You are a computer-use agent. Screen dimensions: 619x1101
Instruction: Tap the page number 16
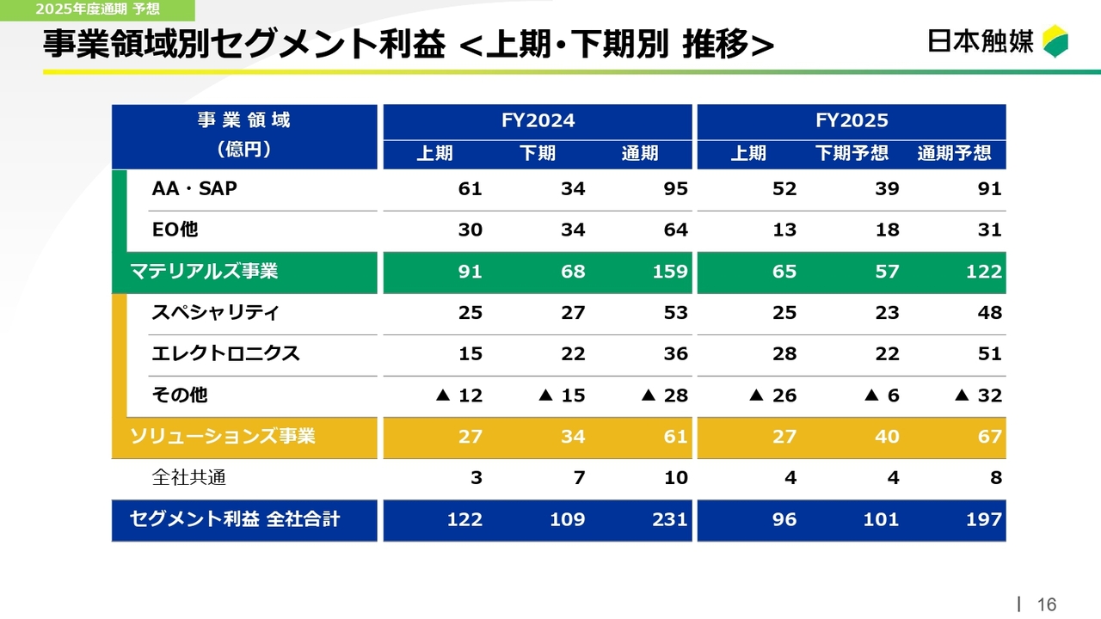point(1046,604)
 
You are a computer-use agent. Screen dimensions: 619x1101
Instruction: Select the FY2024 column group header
point(538,120)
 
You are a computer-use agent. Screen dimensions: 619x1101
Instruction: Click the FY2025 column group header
point(851,120)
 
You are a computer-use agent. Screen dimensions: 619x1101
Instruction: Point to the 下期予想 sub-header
point(852,154)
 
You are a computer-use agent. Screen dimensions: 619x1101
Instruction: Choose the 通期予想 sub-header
point(954,154)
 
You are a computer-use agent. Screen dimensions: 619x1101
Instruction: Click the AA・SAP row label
point(194,189)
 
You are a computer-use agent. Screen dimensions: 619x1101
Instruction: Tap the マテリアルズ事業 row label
point(204,272)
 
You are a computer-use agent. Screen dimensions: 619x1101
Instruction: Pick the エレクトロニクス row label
point(225,353)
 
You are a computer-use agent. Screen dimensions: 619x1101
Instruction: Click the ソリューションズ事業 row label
point(223,437)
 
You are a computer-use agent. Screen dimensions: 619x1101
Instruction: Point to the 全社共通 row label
point(189,478)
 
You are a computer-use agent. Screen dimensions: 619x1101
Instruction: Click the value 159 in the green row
point(670,272)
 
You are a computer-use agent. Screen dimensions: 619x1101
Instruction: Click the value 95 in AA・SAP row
point(675,189)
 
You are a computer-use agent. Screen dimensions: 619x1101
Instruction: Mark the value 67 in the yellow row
point(989,437)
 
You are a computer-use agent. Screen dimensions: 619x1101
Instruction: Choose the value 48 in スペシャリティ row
point(989,313)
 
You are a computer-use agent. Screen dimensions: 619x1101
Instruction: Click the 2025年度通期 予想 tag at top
point(97,9)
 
